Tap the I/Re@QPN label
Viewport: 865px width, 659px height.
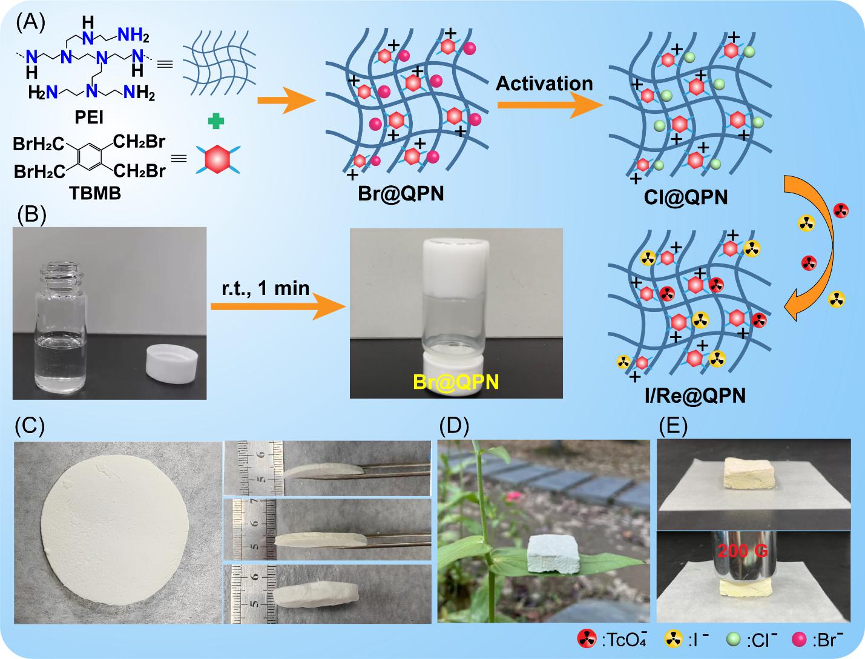[694, 396]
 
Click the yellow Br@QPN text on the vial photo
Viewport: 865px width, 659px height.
[456, 382]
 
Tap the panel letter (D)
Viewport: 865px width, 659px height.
[455, 426]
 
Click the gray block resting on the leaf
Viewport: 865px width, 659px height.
[554, 553]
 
